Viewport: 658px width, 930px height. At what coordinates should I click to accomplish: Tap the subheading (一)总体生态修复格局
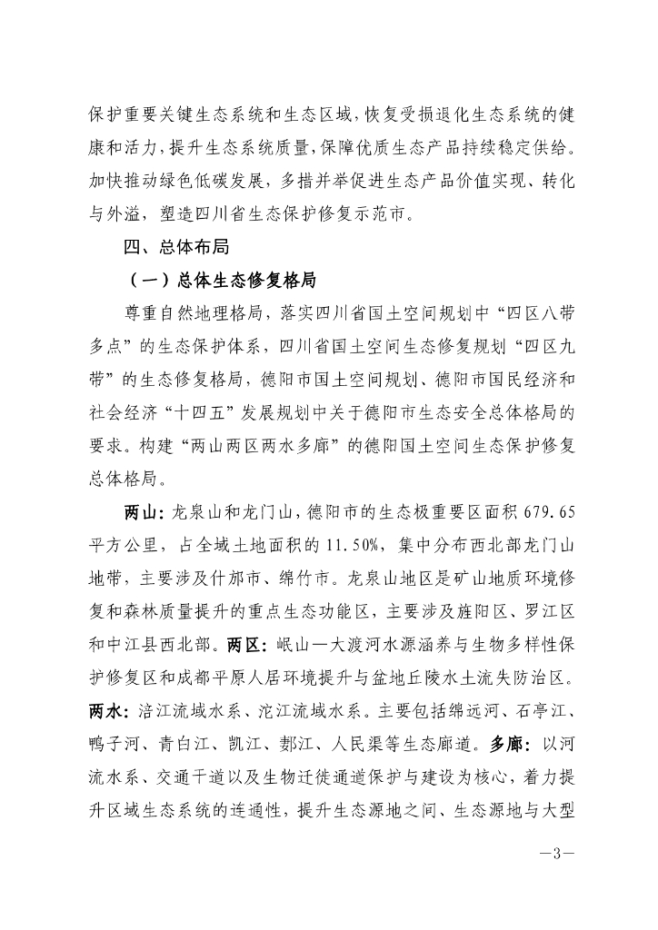click(223, 278)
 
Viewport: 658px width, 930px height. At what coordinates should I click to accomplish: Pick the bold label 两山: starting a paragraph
click(144, 512)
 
